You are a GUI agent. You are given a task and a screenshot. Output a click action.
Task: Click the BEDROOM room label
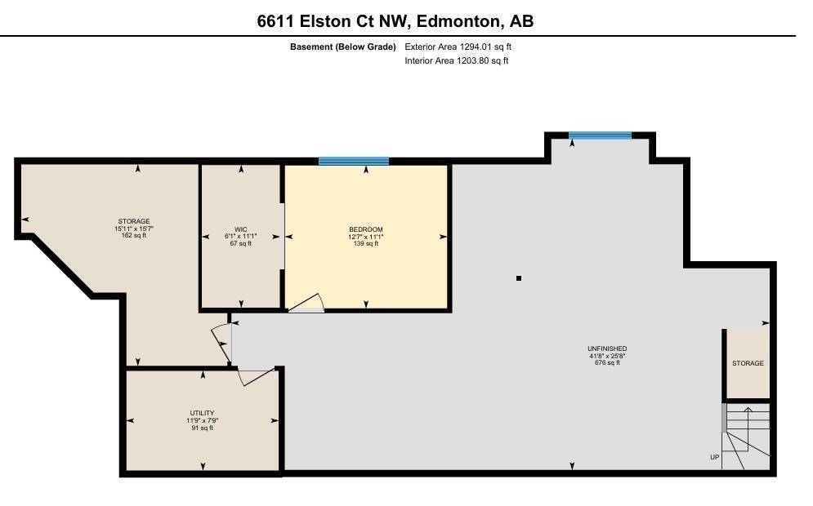click(365, 229)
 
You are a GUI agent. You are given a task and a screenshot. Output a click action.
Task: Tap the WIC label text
click(240, 229)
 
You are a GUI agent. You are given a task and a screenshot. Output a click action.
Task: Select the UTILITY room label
click(202, 413)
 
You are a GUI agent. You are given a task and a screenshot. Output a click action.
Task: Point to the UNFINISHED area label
click(607, 348)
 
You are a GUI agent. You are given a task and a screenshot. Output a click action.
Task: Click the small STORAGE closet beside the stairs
click(748, 363)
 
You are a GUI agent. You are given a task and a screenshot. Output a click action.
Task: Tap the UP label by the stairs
click(714, 457)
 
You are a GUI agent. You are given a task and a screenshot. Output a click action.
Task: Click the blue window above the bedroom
click(354, 161)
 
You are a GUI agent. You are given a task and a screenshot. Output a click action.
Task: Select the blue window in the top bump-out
click(600, 135)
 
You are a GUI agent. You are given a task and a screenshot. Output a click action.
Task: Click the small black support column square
click(519, 278)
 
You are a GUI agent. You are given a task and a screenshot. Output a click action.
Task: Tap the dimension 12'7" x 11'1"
click(365, 237)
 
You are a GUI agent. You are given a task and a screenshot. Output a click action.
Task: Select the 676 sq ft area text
click(607, 363)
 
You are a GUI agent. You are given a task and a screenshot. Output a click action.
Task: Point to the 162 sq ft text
click(134, 236)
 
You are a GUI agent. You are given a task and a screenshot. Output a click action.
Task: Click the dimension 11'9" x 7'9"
click(202, 420)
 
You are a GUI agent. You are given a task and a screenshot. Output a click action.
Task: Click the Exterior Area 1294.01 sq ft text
click(458, 47)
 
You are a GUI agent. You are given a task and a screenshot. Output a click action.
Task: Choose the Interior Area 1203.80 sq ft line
click(456, 60)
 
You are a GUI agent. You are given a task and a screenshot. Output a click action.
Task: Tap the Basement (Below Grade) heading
click(342, 47)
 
